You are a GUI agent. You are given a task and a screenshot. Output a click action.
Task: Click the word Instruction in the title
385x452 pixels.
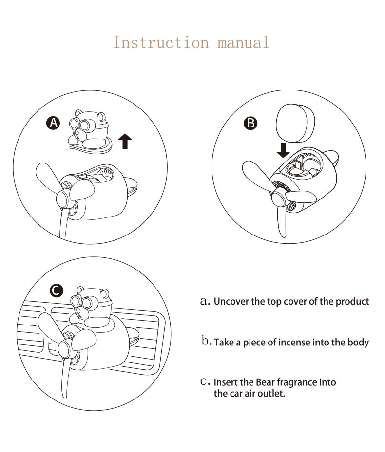pyautogui.click(x=161, y=42)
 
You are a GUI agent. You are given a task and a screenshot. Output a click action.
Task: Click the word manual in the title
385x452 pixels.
pyautogui.click(x=243, y=42)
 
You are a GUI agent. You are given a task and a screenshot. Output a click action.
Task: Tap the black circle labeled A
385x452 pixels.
pyautogui.click(x=54, y=123)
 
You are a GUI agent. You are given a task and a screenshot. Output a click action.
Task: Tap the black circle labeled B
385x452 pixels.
pyautogui.click(x=250, y=123)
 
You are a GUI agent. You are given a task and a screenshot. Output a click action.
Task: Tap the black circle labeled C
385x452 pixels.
pyautogui.click(x=57, y=290)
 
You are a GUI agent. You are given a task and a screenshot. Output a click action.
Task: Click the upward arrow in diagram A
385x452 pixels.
pyautogui.click(x=125, y=141)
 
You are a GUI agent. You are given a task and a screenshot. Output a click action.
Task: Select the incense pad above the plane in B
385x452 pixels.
pyautogui.click(x=295, y=123)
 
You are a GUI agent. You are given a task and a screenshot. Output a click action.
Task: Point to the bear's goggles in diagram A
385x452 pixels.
pyautogui.click(x=80, y=125)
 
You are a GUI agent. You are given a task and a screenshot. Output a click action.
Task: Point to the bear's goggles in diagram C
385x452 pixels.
pyautogui.click(x=81, y=302)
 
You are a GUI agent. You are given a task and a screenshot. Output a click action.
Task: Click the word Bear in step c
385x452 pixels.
pyautogui.click(x=265, y=382)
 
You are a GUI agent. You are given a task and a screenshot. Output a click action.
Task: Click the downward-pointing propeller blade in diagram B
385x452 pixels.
pyautogui.click(x=282, y=222)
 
